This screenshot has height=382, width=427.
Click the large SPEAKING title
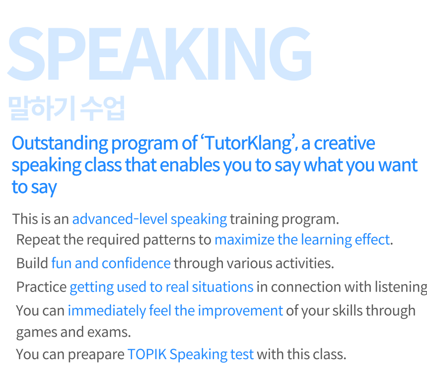click(x=159, y=54)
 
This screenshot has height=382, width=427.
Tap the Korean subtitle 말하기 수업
click(x=67, y=108)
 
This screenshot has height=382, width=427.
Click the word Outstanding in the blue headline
click(x=60, y=144)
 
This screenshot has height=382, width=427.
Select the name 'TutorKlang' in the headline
click(x=248, y=144)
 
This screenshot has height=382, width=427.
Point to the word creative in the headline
click(x=345, y=143)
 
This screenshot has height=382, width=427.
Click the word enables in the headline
click(x=190, y=165)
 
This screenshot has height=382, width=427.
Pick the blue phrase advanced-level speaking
click(x=149, y=219)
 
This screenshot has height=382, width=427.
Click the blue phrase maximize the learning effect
click(x=302, y=240)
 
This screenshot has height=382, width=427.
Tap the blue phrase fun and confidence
click(x=111, y=264)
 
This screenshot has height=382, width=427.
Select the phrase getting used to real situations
click(x=162, y=287)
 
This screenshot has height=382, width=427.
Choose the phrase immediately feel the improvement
click(x=175, y=311)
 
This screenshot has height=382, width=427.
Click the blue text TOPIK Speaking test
click(x=191, y=355)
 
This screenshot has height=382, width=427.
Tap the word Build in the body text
click(x=32, y=264)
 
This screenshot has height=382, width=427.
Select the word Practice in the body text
click(x=41, y=287)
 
